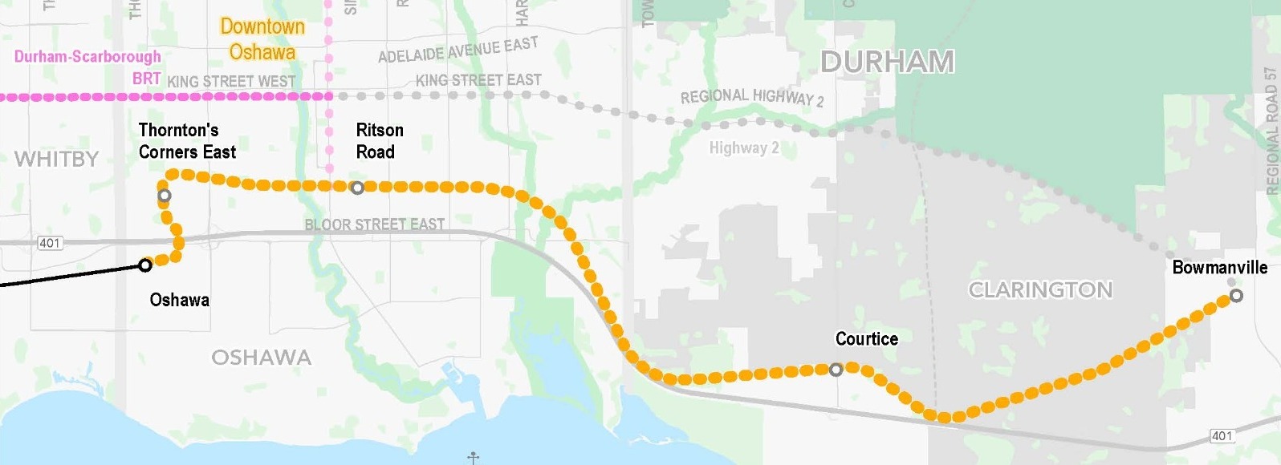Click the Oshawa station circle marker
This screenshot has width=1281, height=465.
pyautogui.click(x=145, y=265)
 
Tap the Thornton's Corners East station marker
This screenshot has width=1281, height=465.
pyautogui.click(x=165, y=196)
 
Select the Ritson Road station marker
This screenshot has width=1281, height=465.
pyautogui.click(x=357, y=188)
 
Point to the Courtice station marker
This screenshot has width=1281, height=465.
pyautogui.click(x=836, y=370)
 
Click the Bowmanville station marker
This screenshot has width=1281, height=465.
pyautogui.click(x=1236, y=296)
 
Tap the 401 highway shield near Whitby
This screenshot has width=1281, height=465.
pyautogui.click(x=50, y=243)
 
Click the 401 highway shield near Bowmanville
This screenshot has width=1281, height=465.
pyautogui.click(x=1221, y=436)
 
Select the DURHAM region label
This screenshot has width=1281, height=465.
pyautogui.click(x=887, y=62)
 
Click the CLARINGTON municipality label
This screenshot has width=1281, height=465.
pyautogui.click(x=1040, y=289)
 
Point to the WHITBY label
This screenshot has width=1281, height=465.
pyautogui.click(x=55, y=159)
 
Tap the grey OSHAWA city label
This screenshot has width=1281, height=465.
pyautogui.click(x=261, y=358)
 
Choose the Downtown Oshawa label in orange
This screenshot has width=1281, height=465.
pyautogui.click(x=262, y=39)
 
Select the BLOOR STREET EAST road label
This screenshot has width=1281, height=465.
pyautogui.click(x=374, y=224)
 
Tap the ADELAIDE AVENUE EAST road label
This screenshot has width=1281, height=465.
pyautogui.click(x=458, y=51)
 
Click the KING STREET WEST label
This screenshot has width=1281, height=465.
pyautogui.click(x=231, y=81)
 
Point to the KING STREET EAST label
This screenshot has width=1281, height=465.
pyautogui.click(x=478, y=80)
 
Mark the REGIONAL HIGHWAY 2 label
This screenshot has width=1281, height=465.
pyautogui.click(x=751, y=97)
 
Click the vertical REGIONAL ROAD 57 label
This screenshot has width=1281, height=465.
pyautogui.click(x=1271, y=128)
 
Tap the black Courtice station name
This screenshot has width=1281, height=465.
pyautogui.click(x=866, y=339)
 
